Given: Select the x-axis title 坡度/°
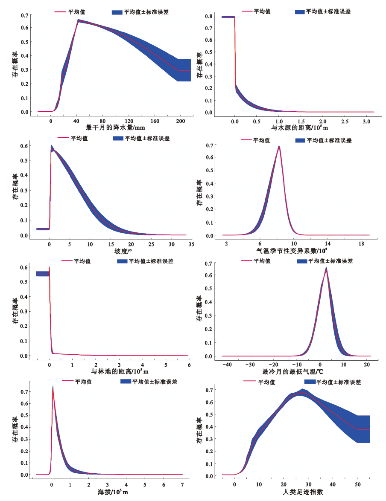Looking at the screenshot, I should [121, 251].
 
